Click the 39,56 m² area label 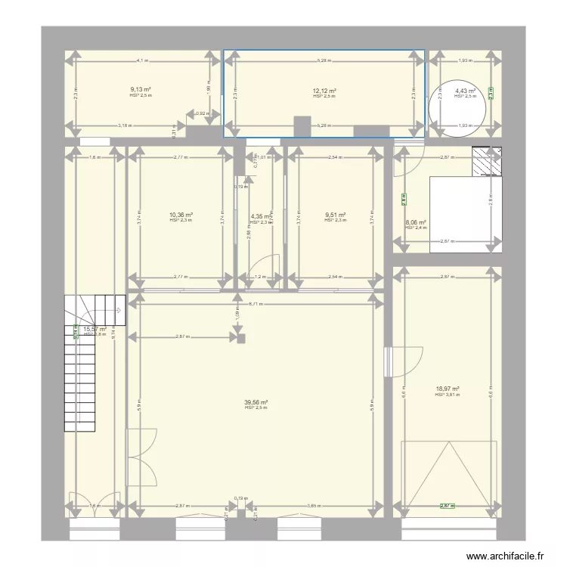(256, 402)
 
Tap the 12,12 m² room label (324, 91)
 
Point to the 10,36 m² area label (181, 215)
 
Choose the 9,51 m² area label (335, 215)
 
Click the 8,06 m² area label (416, 222)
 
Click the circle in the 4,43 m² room (451, 107)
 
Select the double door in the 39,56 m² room (141, 457)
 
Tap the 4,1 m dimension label (142, 60)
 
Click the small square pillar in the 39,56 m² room (242, 339)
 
